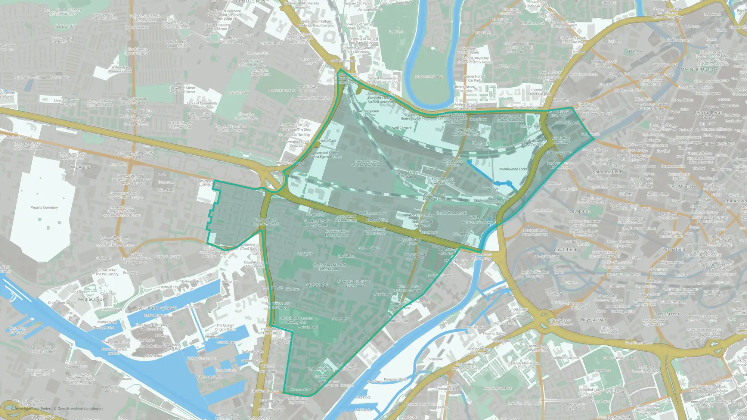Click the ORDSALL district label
(x=318, y=285)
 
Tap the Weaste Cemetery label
(x=44, y=208)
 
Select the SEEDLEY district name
(x=66, y=27)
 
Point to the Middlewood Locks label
(x=513, y=169)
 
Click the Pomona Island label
(x=395, y=379)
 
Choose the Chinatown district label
(x=735, y=201)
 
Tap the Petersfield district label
(x=673, y=249)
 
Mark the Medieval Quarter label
(x=699, y=69)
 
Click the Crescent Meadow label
(x=429, y=77)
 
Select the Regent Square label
(x=369, y=248)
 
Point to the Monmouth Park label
(x=303, y=390)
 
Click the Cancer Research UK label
(x=452, y=213)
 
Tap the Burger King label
(x=315, y=215)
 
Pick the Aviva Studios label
(x=542, y=210)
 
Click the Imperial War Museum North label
(x=76, y=364)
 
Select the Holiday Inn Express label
(x=202, y=358)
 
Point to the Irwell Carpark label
(x=401, y=128)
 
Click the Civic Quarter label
(x=682, y=186)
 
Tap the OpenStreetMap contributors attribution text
(x=80, y=408)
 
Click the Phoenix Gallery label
(x=494, y=333)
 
